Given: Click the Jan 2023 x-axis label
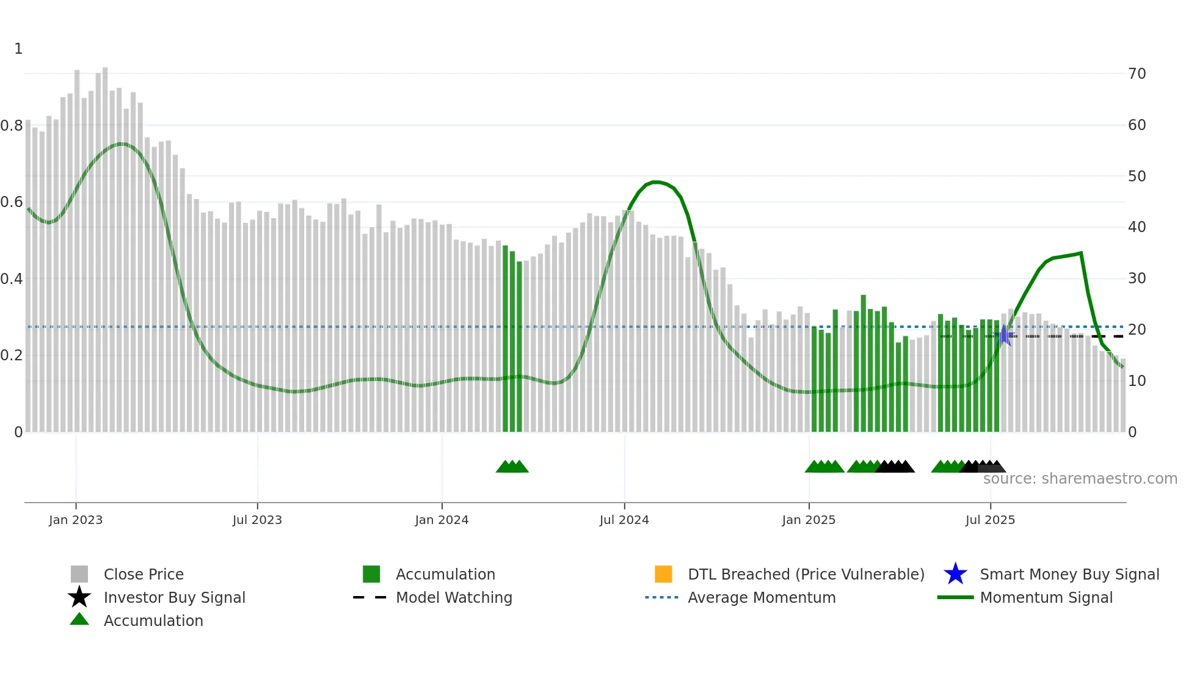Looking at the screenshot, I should pos(76,520).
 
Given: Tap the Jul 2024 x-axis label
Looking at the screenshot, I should pos(624,520).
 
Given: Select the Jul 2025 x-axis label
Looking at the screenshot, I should pos(990,520).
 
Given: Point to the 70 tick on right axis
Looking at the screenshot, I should pos(1137,74).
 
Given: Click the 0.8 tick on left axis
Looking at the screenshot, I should pos(12,126).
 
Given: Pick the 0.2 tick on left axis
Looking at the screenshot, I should pos(12,355).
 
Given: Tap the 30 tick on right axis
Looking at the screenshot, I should pos(1137,278).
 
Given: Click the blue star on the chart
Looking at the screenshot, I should pos(1004,335).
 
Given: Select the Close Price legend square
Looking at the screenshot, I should pos(79,574).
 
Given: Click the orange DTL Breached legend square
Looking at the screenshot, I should pos(663,574).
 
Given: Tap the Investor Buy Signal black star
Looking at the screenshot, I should pos(79,597).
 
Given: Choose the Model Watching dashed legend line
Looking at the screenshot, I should pos(370,597).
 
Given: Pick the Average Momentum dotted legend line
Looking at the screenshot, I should pos(662,597).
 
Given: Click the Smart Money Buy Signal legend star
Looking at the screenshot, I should pos(955,574).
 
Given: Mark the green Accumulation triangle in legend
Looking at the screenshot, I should pos(79,620).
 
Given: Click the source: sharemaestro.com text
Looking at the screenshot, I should pos(1080,479).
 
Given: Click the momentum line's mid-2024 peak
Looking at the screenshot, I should pos(655,182).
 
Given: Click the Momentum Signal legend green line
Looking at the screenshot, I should pos(955,597).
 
